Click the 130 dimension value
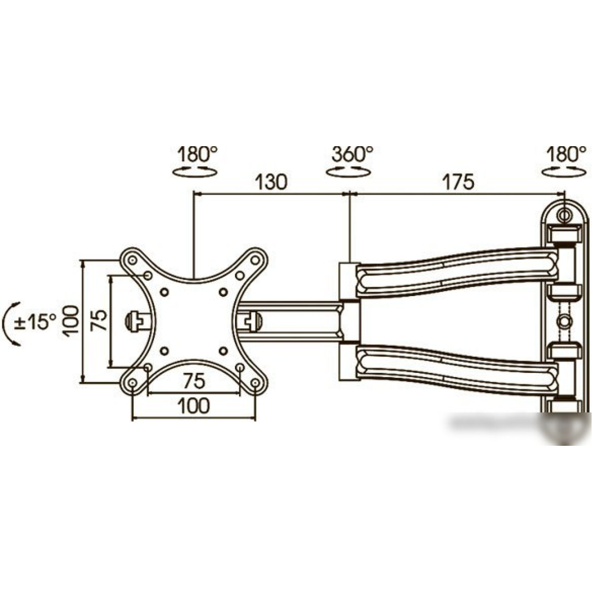[270, 182]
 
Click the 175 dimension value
[458, 182]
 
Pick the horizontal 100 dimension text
[194, 406]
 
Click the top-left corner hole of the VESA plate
[133, 260]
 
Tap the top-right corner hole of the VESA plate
[255, 260]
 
